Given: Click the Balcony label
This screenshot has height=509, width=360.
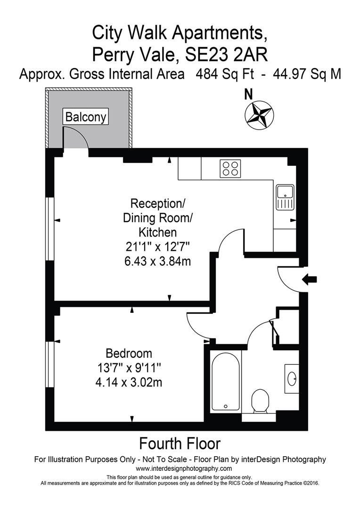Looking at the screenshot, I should point(86,116).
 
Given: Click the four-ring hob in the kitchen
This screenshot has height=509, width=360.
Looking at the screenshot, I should point(230,169).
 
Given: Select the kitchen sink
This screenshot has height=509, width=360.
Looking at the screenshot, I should point(285,197).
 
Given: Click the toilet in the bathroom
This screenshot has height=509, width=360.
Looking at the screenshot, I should point(260,400).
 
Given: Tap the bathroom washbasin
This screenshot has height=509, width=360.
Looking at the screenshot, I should point(292,378).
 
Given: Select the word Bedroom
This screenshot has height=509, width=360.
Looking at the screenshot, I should point(129,353).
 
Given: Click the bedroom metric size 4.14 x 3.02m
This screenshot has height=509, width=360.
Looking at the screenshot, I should point(129,382).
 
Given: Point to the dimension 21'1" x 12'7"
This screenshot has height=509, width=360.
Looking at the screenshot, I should point(158,246).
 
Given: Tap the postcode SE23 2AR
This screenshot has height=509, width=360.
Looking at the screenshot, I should point(227,55).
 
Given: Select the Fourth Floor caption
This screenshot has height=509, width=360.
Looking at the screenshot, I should point(180,443).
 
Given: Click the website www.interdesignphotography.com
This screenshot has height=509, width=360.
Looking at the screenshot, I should point(184,468).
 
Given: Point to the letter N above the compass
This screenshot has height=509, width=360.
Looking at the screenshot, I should point(249,94).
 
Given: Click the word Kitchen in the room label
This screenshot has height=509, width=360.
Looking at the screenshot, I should point(158,232).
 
